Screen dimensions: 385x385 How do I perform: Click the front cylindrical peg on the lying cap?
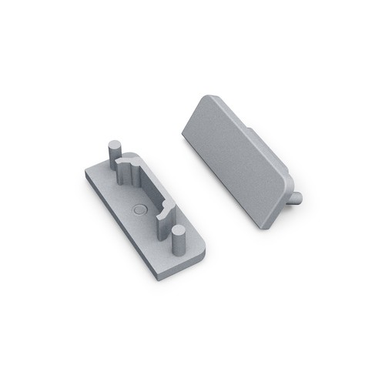[x=179, y=245]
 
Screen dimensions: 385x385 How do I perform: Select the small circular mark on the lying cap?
[x=138, y=209]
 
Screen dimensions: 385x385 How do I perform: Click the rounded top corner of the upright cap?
[x=206, y=99]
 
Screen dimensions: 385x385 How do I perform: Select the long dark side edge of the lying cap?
[x=131, y=235]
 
